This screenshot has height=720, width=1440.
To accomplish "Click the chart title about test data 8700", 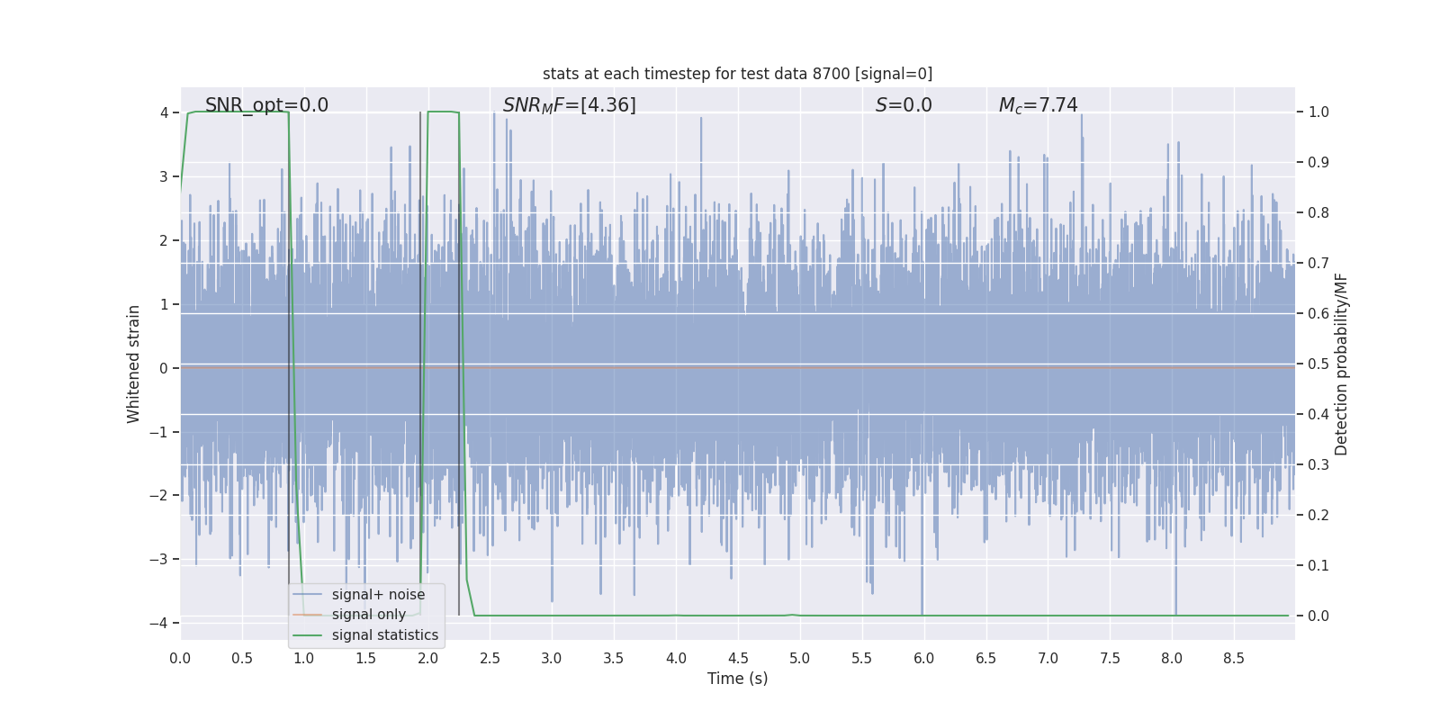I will click(x=737, y=74).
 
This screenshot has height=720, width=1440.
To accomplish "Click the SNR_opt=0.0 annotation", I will click(x=266, y=105).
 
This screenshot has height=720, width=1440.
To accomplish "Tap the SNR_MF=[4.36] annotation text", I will click(x=569, y=105).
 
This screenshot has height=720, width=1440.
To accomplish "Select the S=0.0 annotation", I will click(x=904, y=105).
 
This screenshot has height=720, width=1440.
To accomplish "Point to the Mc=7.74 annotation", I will click(x=1038, y=105).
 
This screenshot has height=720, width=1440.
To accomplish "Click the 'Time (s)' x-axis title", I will click(x=737, y=679).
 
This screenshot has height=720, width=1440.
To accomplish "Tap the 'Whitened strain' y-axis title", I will click(x=134, y=364).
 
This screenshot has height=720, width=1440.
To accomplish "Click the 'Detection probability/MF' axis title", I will click(x=1341, y=364).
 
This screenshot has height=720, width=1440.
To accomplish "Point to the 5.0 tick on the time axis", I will click(x=799, y=658).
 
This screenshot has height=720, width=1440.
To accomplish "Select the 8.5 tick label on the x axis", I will click(x=1233, y=658).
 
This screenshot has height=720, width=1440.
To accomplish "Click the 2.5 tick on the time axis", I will click(x=490, y=658).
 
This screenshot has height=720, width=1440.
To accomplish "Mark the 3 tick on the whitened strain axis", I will click(x=164, y=176).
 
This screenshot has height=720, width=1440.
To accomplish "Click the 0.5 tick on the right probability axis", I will click(x=1318, y=364).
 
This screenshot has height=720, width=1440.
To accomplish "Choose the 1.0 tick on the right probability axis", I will click(x=1318, y=112).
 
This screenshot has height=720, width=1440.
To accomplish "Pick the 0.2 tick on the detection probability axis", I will click(x=1318, y=516).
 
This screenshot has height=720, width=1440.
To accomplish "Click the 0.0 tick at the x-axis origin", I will click(x=180, y=658).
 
